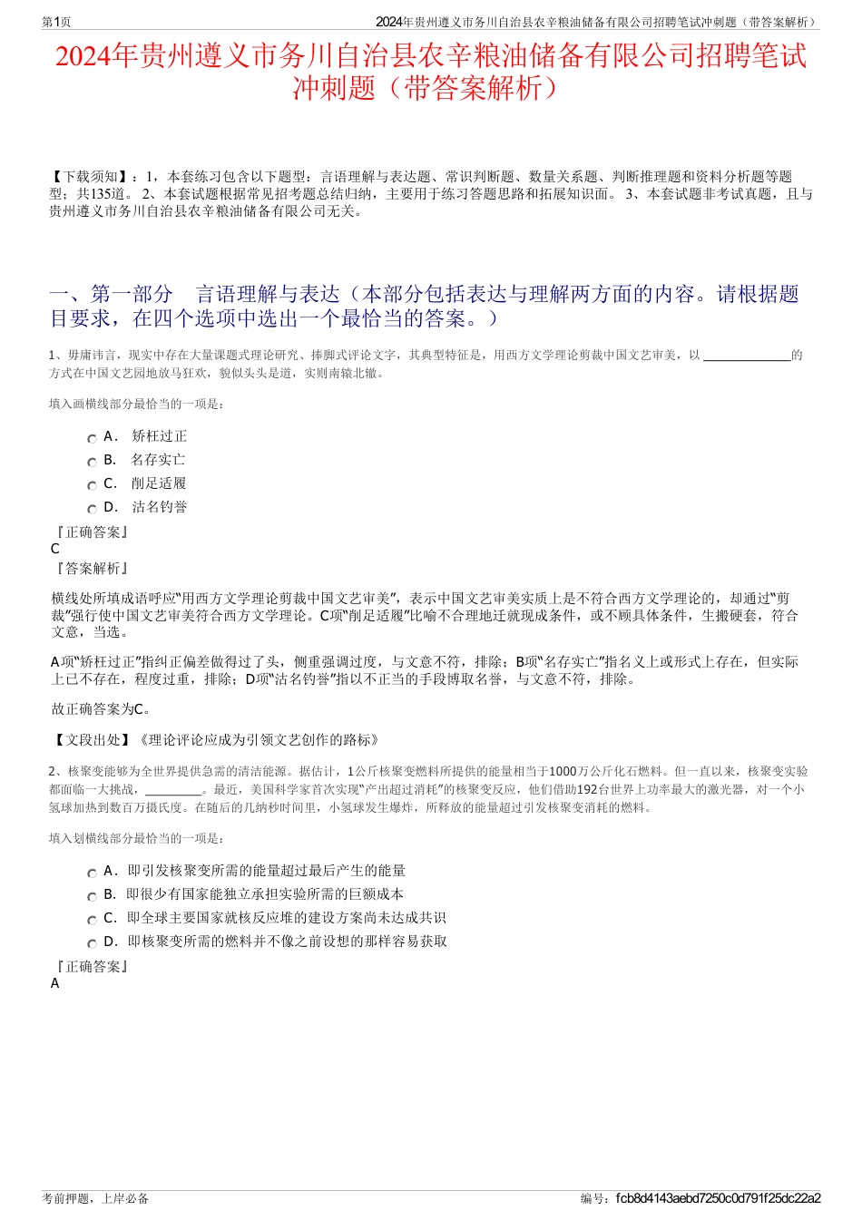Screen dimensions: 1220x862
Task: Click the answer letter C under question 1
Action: (x=55, y=549)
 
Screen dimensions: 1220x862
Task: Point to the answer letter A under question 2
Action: (x=55, y=983)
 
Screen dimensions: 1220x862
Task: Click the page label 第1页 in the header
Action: (x=57, y=22)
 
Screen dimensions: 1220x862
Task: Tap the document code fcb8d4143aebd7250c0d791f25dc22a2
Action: (x=718, y=1198)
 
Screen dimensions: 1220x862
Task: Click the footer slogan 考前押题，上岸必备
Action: (x=95, y=1198)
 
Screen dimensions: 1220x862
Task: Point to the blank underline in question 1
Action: (x=747, y=356)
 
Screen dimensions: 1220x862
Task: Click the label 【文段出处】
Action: (x=91, y=740)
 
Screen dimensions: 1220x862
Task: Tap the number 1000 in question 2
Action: (x=563, y=772)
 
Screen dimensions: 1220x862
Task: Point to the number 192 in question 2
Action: (x=588, y=789)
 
